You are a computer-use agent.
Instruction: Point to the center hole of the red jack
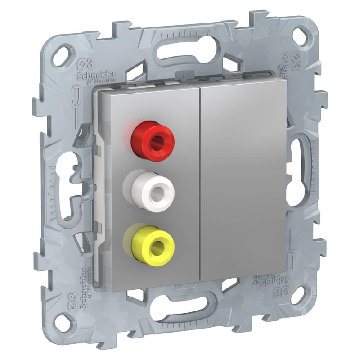tap(155, 143)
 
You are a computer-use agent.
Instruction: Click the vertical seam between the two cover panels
tap(199, 180)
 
